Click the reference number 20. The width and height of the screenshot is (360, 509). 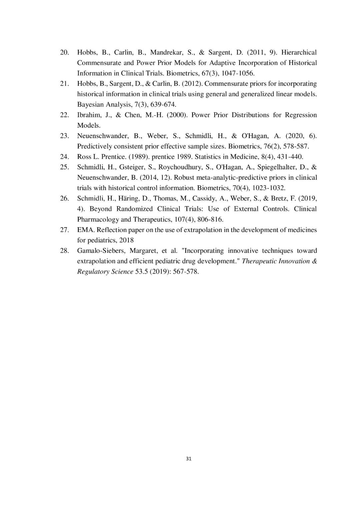[64, 52]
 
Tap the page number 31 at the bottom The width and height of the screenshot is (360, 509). [188, 459]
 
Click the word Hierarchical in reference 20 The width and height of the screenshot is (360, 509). [299, 52]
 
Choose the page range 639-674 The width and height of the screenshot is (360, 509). [163, 105]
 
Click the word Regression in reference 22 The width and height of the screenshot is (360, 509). [301, 115]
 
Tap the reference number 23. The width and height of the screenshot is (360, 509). [64, 136]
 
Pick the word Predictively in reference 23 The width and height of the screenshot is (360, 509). [94, 146]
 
